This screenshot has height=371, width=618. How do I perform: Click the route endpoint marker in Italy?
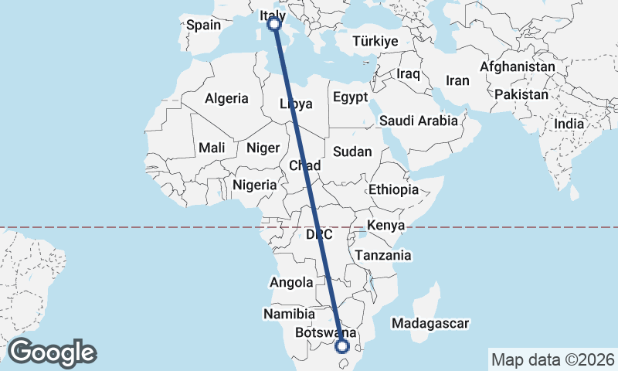(273, 25)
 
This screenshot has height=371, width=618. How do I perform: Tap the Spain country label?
(204, 25)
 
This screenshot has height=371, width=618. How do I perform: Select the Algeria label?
(226, 98)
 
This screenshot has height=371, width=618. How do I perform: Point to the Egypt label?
(351, 97)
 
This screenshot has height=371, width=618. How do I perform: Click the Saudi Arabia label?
(419, 121)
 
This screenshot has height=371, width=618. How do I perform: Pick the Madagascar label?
(431, 323)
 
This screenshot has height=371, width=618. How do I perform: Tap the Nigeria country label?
(254, 185)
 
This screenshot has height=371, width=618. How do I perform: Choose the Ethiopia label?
(393, 189)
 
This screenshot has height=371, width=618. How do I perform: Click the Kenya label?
(385, 226)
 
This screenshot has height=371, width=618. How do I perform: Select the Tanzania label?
(382, 255)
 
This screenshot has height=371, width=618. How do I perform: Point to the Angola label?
(291, 283)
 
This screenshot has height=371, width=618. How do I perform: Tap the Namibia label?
(289, 315)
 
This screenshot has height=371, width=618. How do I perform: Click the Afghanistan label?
(517, 67)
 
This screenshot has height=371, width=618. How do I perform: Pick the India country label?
(569, 124)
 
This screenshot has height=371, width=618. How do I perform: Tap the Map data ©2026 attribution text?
(552, 359)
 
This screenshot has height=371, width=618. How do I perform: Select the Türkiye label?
(375, 41)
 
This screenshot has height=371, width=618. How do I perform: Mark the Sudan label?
(352, 152)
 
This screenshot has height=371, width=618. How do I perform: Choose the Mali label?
(212, 148)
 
